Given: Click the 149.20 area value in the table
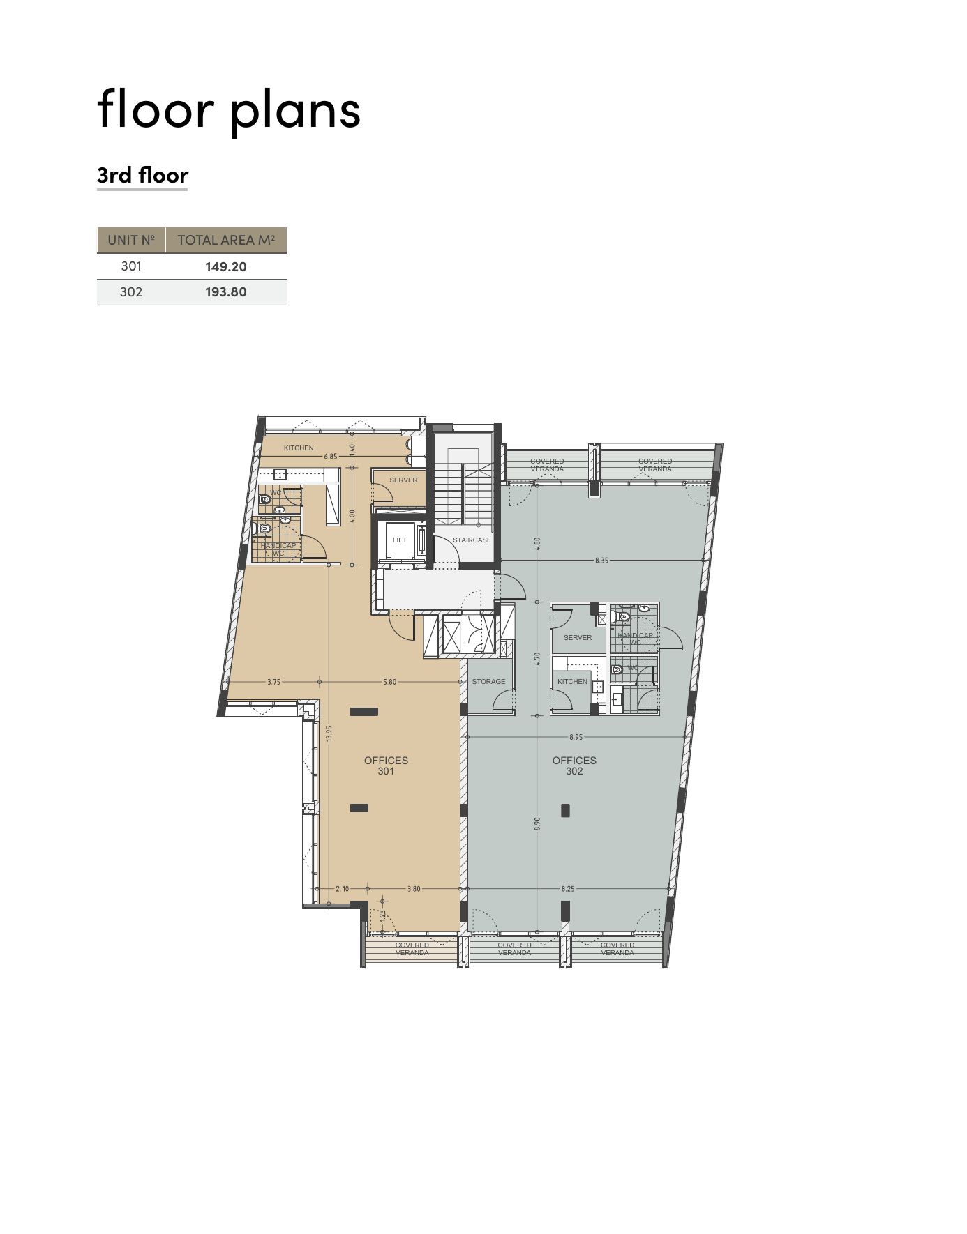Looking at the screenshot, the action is click(x=225, y=266).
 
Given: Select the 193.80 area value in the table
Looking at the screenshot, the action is click(x=225, y=292).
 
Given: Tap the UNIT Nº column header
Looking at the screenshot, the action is click(x=130, y=240).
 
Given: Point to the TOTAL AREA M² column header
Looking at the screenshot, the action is click(x=226, y=240).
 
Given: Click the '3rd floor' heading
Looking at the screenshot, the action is click(x=142, y=174).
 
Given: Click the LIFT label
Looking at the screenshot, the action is click(x=400, y=540).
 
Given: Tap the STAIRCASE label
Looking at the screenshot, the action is click(x=472, y=540).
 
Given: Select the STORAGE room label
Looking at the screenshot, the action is click(x=488, y=682).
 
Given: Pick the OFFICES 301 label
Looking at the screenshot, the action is click(x=386, y=765).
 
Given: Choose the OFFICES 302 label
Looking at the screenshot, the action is click(x=574, y=765).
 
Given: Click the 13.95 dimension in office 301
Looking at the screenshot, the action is click(x=329, y=733).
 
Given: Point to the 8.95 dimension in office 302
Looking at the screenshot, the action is click(x=576, y=737).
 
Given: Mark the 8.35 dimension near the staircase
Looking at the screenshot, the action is click(x=601, y=560).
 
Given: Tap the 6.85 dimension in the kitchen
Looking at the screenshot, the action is click(x=331, y=457).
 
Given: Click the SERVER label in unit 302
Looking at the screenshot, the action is click(x=578, y=638).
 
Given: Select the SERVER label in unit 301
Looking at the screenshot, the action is click(x=403, y=480).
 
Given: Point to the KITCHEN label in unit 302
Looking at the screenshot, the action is click(x=572, y=682).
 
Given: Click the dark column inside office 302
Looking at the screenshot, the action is click(x=565, y=810).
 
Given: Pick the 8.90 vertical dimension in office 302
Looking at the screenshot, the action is click(x=537, y=823).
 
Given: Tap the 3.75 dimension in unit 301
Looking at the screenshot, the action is click(x=273, y=682).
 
